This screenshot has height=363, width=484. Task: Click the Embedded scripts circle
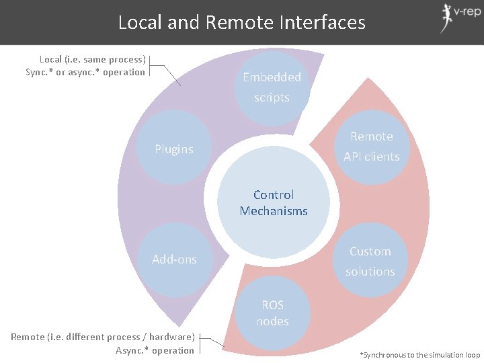[x=272, y=87]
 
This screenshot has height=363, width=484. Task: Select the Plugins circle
[x=174, y=149]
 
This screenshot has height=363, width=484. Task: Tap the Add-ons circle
[x=174, y=259]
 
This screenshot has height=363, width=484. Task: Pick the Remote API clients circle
[x=371, y=147]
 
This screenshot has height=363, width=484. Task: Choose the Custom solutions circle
[x=370, y=261]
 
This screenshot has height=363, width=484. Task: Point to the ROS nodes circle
[x=272, y=313]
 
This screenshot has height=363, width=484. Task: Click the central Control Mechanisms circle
[x=273, y=203]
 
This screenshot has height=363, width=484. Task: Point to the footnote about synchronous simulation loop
[x=420, y=354]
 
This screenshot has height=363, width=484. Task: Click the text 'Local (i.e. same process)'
[x=93, y=60]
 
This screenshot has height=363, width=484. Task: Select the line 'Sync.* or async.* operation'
[x=85, y=72]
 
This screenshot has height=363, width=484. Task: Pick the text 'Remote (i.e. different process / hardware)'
[x=103, y=336]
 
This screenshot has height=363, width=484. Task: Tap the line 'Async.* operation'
[x=154, y=350]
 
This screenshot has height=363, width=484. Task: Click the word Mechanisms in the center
[x=274, y=211]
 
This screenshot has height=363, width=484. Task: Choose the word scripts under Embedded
[x=272, y=97]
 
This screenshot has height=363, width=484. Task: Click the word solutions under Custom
[x=370, y=272]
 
